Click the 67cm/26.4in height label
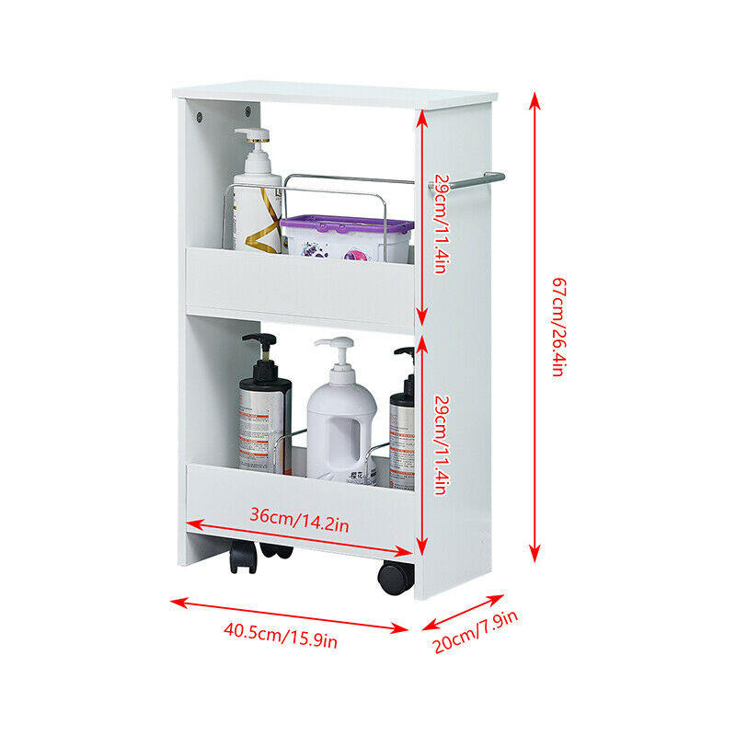(557, 327)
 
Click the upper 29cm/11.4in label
(441, 224)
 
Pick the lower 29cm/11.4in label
(441, 444)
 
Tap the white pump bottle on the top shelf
(257, 198)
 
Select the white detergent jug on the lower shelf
(340, 423)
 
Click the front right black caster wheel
(396, 577)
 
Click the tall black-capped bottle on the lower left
(264, 414)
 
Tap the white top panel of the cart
(336, 94)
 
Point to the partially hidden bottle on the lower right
(402, 423)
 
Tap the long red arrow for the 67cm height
(535, 327)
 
